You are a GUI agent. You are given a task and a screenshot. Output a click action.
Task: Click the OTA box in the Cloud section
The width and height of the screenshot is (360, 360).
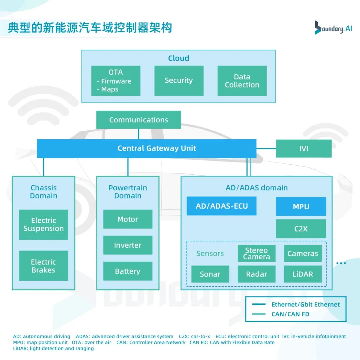(x=116, y=81)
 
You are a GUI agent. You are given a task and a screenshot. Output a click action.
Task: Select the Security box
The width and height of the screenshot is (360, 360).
(x=179, y=81)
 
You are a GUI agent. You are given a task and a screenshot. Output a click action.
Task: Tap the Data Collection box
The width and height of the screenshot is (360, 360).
(x=242, y=81)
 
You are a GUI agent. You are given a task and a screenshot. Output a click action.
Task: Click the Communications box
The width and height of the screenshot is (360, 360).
(x=139, y=120)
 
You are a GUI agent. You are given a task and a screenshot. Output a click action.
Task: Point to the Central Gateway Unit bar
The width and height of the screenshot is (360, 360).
(x=147, y=149)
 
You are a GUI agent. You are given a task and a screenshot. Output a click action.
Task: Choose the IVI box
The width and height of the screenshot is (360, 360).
(x=304, y=149)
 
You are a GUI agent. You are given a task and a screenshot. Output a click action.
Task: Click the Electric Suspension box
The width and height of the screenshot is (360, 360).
(x=44, y=225)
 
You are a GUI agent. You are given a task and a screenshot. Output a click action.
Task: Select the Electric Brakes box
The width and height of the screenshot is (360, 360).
(x=44, y=266)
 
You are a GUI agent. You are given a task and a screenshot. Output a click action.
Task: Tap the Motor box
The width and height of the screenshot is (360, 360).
(x=128, y=219)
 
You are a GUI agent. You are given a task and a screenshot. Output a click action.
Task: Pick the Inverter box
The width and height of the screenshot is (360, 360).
(x=128, y=245)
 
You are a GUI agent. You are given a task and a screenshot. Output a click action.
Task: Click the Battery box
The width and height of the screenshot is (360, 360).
(x=128, y=271)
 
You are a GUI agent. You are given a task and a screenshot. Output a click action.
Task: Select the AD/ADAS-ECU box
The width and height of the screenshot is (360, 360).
(x=222, y=206)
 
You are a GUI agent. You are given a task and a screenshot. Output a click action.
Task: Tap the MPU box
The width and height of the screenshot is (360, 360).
(x=301, y=207)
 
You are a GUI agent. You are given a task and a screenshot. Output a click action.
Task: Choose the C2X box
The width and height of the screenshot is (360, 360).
(x=301, y=229)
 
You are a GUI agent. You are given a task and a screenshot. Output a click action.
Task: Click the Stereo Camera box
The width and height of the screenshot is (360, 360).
(x=257, y=254)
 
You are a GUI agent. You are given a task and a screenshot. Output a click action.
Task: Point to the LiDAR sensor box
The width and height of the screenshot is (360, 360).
(x=303, y=274)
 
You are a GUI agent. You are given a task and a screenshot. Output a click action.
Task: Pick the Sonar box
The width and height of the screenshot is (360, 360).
(x=210, y=274)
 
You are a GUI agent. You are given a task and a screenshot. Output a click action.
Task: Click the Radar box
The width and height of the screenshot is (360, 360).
(x=257, y=274)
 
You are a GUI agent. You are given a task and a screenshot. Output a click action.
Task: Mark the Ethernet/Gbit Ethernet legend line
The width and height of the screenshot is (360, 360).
(x=259, y=304)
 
